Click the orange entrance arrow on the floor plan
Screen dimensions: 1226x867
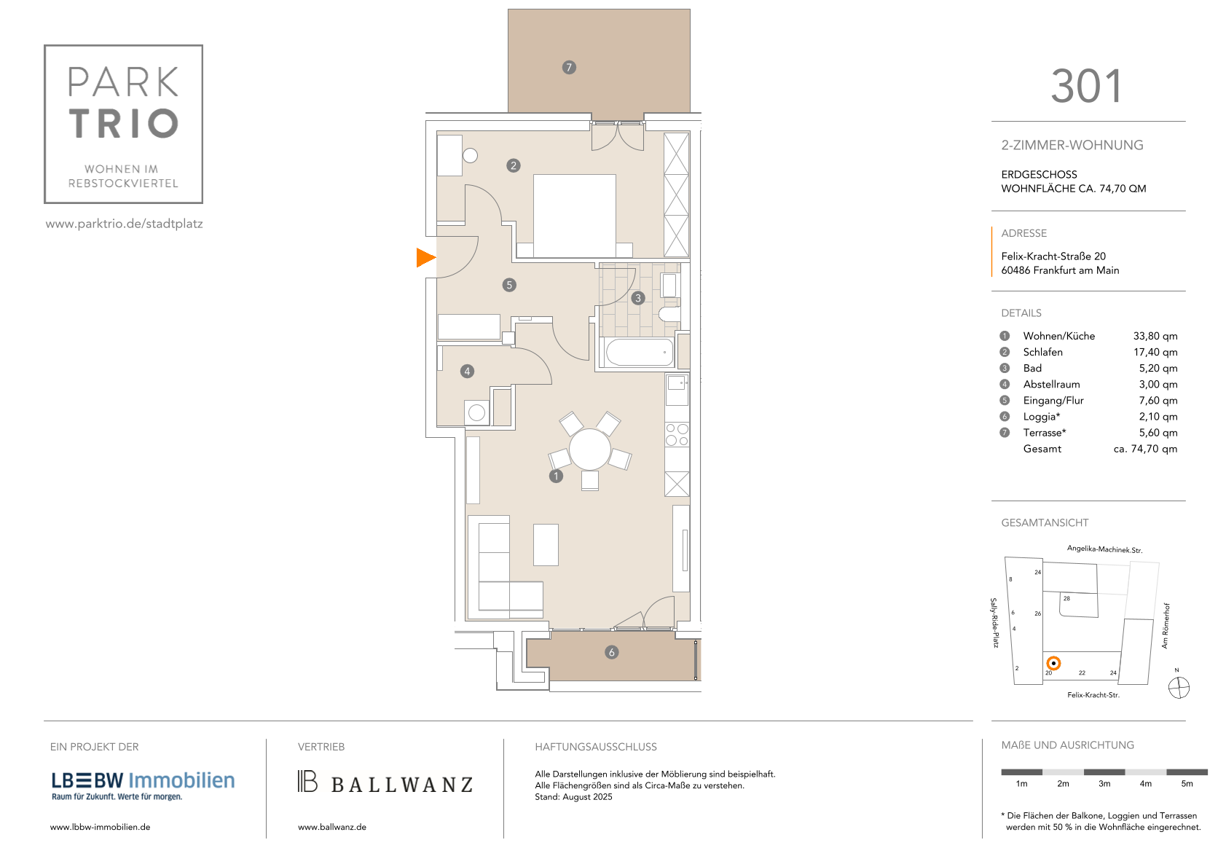(425, 258)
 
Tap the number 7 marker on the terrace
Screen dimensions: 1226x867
(569, 67)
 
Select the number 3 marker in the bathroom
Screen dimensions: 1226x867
(637, 298)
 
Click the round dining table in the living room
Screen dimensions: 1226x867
(589, 450)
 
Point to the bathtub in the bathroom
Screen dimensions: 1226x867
(640, 352)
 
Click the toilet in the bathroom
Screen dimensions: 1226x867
(669, 314)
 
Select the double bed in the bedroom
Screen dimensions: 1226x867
(574, 216)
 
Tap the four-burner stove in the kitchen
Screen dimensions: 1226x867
(677, 435)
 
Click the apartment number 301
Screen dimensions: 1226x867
(1087, 86)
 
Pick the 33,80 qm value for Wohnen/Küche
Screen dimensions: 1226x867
(1155, 336)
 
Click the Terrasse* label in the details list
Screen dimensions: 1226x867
(1045, 433)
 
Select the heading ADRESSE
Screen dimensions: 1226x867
(1024, 233)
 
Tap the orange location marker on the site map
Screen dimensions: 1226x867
(1053, 664)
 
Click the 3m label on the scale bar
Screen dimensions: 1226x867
(1104, 784)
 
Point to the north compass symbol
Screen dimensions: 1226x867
(1179, 688)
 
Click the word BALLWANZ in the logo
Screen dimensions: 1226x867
(402, 785)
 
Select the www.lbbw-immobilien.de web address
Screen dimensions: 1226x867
(100, 827)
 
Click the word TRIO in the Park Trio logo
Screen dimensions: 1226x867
(124, 123)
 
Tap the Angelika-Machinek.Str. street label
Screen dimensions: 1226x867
(1104, 549)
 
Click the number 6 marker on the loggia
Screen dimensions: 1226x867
(612, 653)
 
